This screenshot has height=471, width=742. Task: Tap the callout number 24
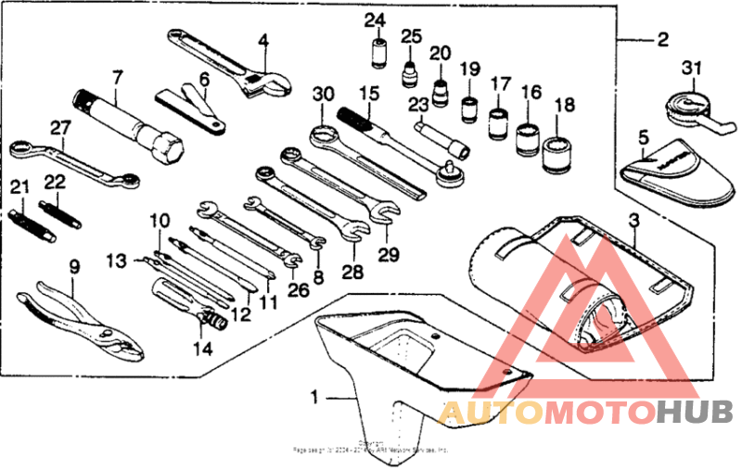(x=375, y=21)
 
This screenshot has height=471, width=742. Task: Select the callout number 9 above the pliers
(x=75, y=266)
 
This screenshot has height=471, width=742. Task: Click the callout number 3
(x=634, y=222)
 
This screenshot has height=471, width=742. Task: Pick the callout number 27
(x=60, y=129)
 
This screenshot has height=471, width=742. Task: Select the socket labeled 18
(x=558, y=147)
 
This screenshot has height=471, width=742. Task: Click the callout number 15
(x=370, y=94)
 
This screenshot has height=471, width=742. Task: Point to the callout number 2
(x=662, y=40)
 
